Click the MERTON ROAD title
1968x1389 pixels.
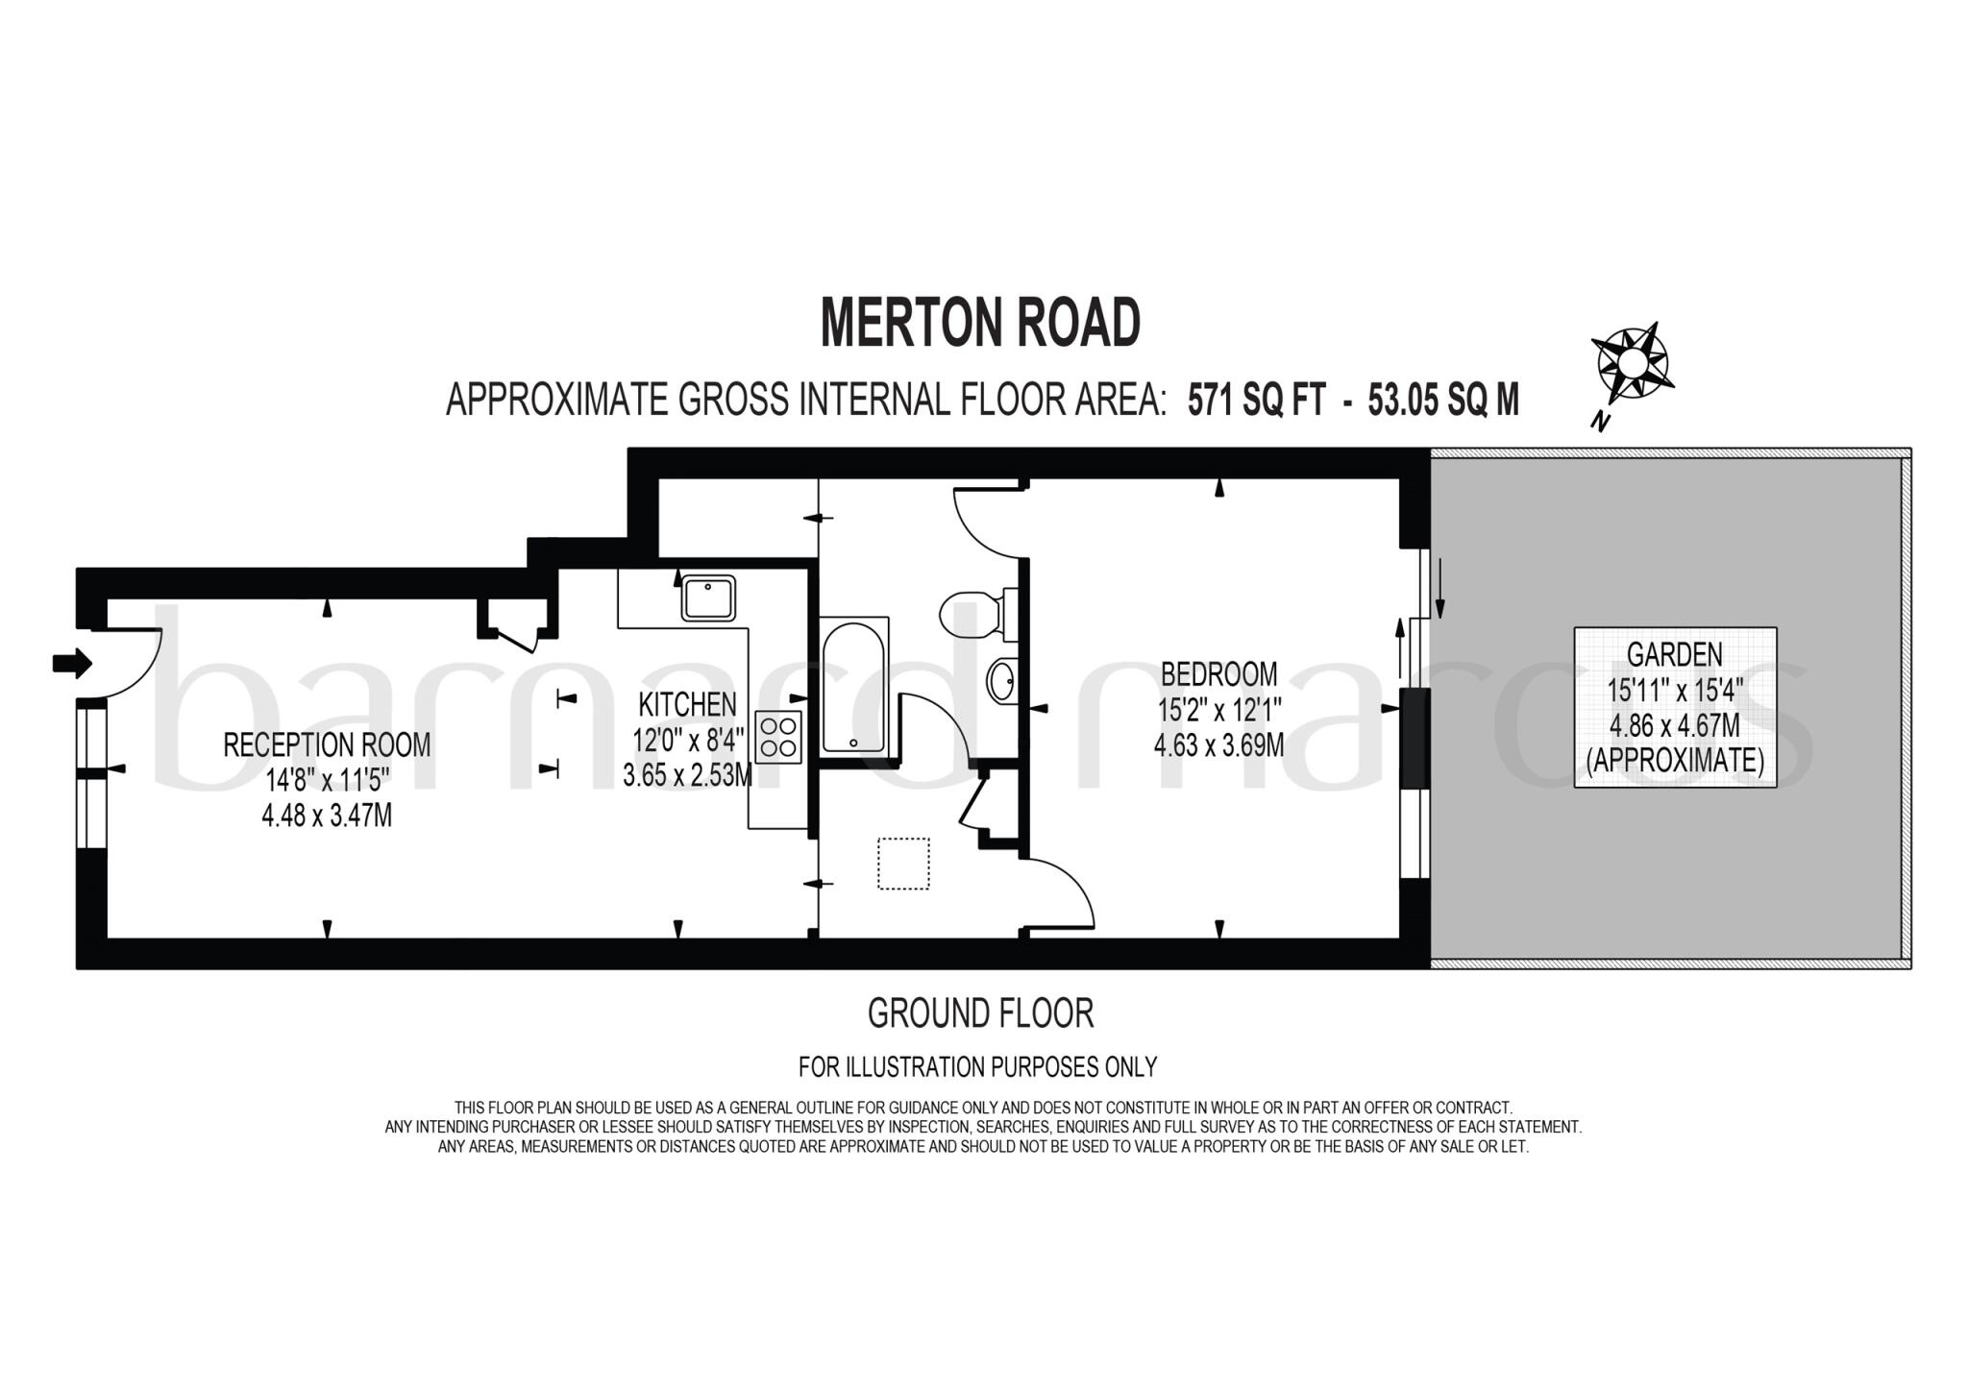[980, 324]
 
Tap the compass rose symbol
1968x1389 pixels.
[1631, 364]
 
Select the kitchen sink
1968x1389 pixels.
[708, 598]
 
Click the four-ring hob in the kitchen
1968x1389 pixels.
[778, 737]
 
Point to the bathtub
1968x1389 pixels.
[853, 686]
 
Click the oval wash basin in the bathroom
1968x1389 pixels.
[1002, 681]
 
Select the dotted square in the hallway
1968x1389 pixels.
[903, 864]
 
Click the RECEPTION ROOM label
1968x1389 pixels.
[327, 744]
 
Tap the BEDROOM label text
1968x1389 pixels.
[1218, 673]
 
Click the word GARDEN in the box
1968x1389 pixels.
[1674, 655]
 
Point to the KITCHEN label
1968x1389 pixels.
[687, 705]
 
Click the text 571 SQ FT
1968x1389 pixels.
[1256, 400]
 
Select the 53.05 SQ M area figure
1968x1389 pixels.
[1443, 400]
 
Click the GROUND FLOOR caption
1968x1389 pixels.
[980, 1013]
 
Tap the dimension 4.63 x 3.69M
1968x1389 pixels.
[1218, 745]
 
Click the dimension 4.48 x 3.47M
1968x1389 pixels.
[327, 816]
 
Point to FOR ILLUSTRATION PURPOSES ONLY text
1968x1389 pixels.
[977, 1066]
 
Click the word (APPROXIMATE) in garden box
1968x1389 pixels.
[1674, 761]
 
